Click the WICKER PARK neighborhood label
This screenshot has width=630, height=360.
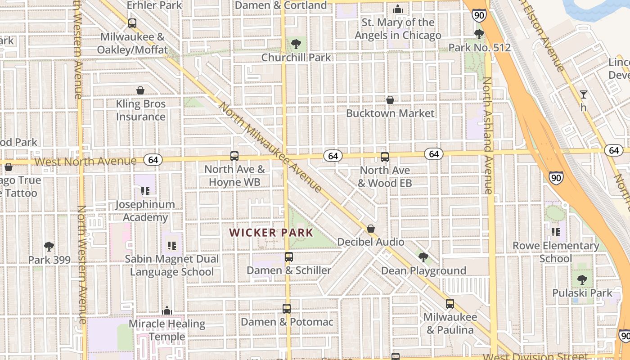point(271,233)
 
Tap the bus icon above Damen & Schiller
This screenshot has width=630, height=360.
point(289,257)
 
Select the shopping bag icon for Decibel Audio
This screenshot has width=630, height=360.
point(371,229)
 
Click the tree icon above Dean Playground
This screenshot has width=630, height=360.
point(423,257)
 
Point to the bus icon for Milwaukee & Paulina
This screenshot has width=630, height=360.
point(450,304)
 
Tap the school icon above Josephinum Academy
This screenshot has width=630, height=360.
point(145,191)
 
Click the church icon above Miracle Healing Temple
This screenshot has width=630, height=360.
point(167,310)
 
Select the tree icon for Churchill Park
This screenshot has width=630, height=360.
point(296,44)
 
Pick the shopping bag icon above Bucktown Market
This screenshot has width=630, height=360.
point(390,99)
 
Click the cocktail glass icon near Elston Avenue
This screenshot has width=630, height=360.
point(584,94)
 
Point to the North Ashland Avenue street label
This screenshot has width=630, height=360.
point(487,135)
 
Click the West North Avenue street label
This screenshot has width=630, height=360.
point(85,161)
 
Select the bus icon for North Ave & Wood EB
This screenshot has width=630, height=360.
point(385,157)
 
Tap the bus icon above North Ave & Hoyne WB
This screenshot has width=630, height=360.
point(234,156)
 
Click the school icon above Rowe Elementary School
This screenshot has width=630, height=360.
point(556,232)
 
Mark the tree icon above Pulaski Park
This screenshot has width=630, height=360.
point(582,279)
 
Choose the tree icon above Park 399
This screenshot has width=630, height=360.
point(49,247)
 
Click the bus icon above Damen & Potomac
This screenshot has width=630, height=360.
point(287,309)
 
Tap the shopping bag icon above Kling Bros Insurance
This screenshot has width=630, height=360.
point(140,90)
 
